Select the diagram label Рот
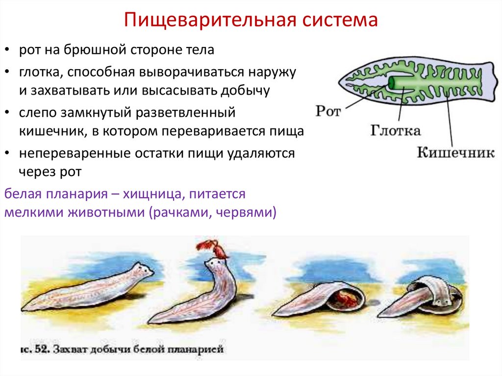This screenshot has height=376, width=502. pos(327,111)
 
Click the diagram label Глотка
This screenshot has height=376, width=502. pos(395,131)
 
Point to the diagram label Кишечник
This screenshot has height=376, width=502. pos(455,152)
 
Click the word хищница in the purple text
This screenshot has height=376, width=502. pos(154,194)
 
